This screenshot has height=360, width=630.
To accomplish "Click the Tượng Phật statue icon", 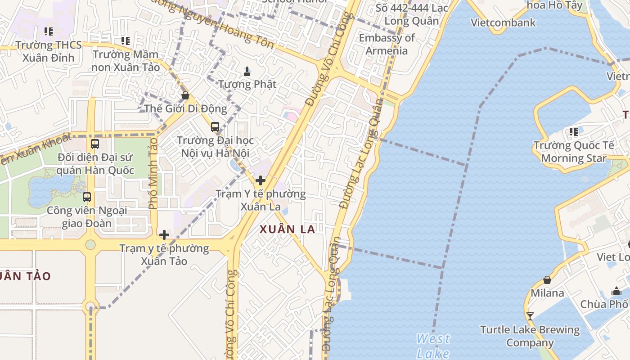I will pyautogui.click(x=247, y=71).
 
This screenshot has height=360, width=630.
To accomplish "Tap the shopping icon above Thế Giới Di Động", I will pyautogui.click(x=185, y=95).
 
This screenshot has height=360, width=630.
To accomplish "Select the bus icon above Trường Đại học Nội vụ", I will pyautogui.click(x=215, y=127).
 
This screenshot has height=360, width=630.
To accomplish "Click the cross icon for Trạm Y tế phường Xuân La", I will pyautogui.click(x=260, y=180).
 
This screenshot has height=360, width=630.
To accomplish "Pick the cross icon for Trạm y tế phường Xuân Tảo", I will pyautogui.click(x=164, y=234).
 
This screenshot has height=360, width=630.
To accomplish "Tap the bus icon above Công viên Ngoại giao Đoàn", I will pyautogui.click(x=87, y=197).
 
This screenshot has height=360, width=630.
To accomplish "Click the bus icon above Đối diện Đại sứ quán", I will pyautogui.click(x=95, y=144).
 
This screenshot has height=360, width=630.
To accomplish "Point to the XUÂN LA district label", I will pyautogui.click(x=287, y=229).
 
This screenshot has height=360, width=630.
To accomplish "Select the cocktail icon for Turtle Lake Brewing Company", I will pyautogui.click(x=530, y=316).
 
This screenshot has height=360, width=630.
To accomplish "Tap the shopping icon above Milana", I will pyautogui.click(x=547, y=280).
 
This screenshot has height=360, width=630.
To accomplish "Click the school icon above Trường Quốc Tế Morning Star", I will pyautogui.click(x=573, y=132).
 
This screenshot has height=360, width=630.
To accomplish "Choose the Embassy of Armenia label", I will pyautogui.click(x=387, y=44).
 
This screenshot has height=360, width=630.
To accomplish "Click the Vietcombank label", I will pyautogui.click(x=503, y=22).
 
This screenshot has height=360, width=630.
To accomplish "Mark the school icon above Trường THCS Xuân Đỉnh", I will pyautogui.click(x=48, y=31).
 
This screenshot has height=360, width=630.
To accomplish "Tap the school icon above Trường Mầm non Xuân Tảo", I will pyautogui.click(x=126, y=41).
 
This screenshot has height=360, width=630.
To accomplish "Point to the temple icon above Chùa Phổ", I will pyautogui.click(x=616, y=291).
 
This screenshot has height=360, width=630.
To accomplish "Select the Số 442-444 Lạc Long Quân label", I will pyautogui.click(x=412, y=14).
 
